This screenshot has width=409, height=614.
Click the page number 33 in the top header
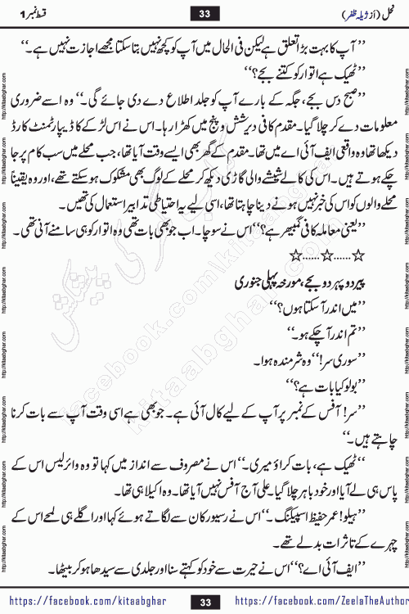pos(205,12)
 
